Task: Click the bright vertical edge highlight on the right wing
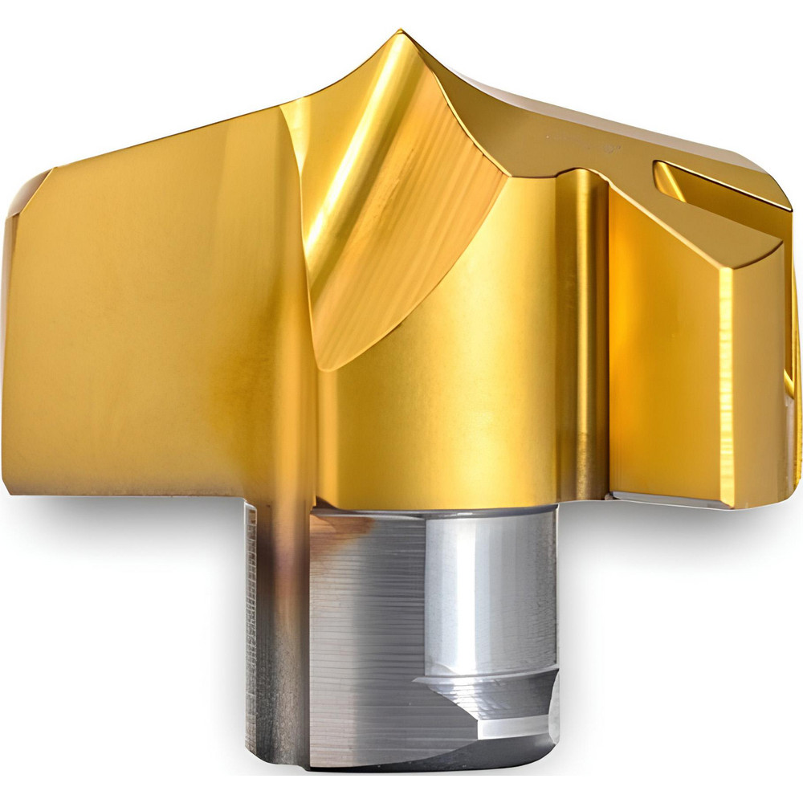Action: click(727, 377)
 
